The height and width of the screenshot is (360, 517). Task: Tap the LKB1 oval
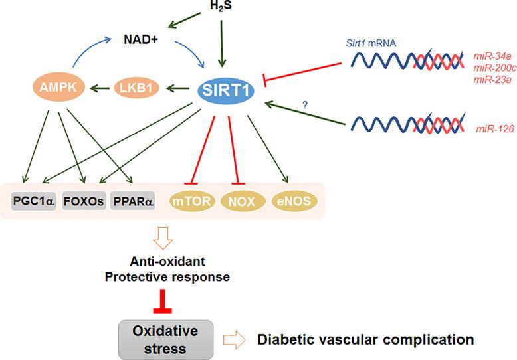tap(133, 87)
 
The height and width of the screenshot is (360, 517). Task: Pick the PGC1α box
tap(33, 199)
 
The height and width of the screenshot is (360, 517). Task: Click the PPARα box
tap(132, 199)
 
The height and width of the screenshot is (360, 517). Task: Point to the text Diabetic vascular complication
tap(365, 339)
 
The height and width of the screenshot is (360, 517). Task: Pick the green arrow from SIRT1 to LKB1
tap(176, 87)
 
